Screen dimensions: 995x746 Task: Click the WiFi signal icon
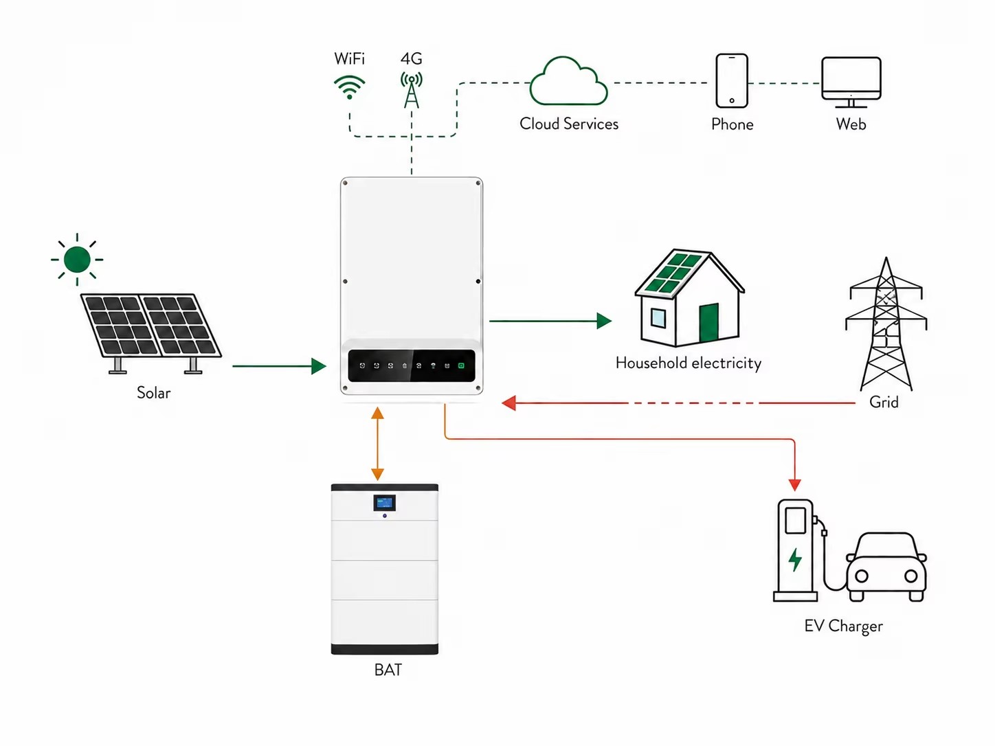coord(349,87)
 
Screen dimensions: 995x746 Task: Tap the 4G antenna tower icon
coord(411,90)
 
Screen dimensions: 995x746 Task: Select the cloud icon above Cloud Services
coord(568,81)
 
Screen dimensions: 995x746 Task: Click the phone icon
coord(732,80)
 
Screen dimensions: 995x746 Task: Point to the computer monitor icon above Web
coord(851,82)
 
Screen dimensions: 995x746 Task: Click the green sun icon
coord(77,260)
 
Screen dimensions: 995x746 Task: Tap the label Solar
coord(154,393)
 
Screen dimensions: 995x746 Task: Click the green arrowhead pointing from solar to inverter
coord(319,366)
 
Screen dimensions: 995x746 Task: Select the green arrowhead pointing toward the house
coord(604,321)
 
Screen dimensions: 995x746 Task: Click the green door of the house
coord(709,323)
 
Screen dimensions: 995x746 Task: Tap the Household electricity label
coord(688,363)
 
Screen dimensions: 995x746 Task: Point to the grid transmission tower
coord(886,324)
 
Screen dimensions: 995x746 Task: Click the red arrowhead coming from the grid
coord(509,403)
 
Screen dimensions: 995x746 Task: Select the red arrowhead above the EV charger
coord(794,485)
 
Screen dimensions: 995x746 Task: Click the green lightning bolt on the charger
coord(794,560)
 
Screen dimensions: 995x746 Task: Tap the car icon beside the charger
coord(886,567)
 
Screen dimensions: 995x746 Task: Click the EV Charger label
coord(843,626)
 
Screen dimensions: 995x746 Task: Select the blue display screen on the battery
coord(384,503)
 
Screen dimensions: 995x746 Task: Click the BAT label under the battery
coord(388,670)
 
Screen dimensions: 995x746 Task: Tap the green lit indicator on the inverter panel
coord(461,365)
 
